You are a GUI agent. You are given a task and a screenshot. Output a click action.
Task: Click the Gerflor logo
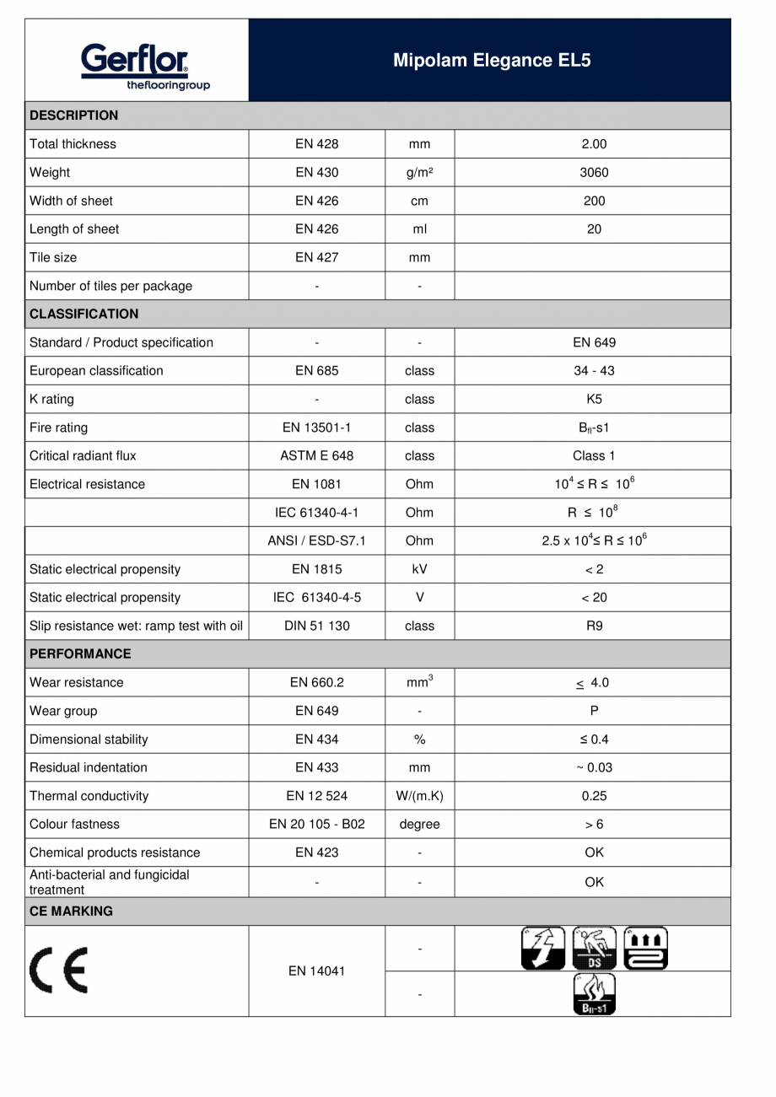[136, 67]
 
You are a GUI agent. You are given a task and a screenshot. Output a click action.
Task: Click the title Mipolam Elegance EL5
[492, 61]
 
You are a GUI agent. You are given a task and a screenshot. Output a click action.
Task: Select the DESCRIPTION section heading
[74, 116]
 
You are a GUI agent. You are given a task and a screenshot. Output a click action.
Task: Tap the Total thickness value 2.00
[594, 144]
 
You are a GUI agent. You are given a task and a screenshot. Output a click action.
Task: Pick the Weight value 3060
[594, 173]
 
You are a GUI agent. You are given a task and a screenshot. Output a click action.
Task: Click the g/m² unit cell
[419, 173]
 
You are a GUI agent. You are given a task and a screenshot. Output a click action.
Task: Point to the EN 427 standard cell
[316, 258]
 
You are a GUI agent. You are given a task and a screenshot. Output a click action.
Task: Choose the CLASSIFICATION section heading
[84, 314]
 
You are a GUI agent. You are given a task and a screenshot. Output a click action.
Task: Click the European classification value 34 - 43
[594, 371]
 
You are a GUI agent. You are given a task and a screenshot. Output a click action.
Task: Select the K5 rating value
[594, 400]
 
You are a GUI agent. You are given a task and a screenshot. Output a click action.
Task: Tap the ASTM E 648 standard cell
[316, 456]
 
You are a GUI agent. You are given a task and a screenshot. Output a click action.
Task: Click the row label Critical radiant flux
[83, 456]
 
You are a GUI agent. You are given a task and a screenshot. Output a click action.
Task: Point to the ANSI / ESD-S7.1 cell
[316, 540]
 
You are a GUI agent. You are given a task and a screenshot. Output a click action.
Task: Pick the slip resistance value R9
[594, 626]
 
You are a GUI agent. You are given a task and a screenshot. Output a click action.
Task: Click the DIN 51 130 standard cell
[316, 626]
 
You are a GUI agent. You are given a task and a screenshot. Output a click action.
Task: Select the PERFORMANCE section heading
[80, 653]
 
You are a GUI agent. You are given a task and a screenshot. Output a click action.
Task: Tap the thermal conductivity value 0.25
[594, 796]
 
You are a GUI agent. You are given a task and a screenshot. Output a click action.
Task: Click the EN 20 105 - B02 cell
[316, 825]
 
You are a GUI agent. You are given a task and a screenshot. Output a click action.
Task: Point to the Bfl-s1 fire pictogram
[594, 994]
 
